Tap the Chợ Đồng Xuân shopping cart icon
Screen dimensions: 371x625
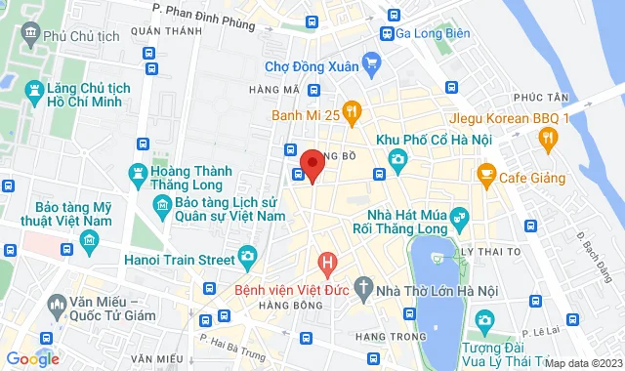[370, 66]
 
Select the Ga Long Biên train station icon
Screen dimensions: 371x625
[388, 33]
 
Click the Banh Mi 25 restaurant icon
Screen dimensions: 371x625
[353, 113]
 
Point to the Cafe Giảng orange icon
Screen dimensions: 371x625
[485, 175]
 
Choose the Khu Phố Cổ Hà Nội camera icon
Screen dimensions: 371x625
[397, 158]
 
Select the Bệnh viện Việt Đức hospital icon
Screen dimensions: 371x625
[328, 263]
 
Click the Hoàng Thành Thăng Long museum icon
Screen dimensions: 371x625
[138, 175]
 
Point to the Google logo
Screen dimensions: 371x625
[32, 358]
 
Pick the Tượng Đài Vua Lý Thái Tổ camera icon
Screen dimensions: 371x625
[483, 320]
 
